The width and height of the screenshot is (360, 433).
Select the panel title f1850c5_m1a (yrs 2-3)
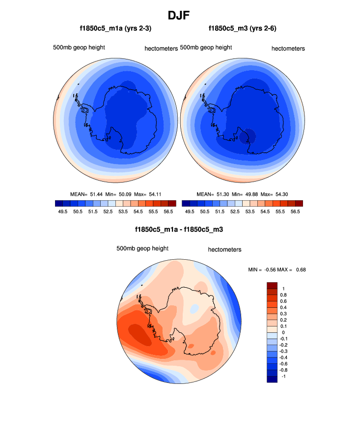point(115,29)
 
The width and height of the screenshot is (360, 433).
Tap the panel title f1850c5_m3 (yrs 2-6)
point(243,29)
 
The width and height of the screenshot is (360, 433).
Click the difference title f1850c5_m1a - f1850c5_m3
point(179,230)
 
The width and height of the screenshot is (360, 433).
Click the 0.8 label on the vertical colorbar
point(283,295)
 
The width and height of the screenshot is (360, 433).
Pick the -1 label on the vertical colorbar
point(282,376)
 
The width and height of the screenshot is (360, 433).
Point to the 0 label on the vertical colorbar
point(283,333)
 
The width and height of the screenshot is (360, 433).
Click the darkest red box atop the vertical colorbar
point(272,285)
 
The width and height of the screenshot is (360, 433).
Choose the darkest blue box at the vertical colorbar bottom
point(272,379)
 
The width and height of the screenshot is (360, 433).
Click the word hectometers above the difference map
point(224,250)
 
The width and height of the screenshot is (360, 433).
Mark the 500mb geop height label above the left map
point(79,48)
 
